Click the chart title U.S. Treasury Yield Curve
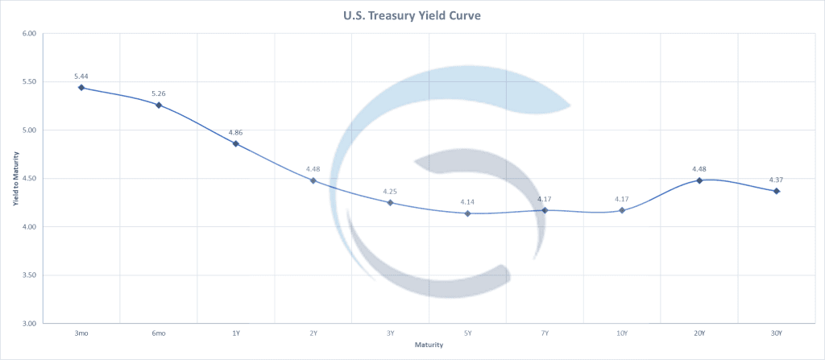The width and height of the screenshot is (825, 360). pyautogui.click(x=412, y=14)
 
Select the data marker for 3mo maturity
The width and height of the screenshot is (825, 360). pyautogui.click(x=81, y=87)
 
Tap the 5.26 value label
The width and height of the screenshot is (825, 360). pyautogui.click(x=158, y=93)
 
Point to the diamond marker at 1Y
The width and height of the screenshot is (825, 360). pyautogui.click(x=236, y=143)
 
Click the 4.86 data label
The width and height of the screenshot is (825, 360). pyautogui.click(x=235, y=131)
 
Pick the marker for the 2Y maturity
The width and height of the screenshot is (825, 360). pyautogui.click(x=313, y=180)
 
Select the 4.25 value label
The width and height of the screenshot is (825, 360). pyautogui.click(x=390, y=191)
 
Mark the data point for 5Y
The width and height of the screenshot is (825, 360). pyautogui.click(x=467, y=213)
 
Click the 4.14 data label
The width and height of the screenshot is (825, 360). pyautogui.click(x=467, y=201)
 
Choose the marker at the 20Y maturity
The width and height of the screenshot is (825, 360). pyautogui.click(x=699, y=180)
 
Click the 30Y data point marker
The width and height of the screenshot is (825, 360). pyautogui.click(x=777, y=191)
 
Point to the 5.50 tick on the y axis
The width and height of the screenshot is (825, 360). pyautogui.click(x=30, y=81)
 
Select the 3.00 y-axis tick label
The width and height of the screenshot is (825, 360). pyautogui.click(x=30, y=324)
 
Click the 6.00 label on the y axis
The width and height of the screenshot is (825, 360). pyautogui.click(x=30, y=34)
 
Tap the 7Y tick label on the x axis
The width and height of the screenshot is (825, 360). pyautogui.click(x=545, y=333)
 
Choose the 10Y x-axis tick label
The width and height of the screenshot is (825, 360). pyautogui.click(x=622, y=333)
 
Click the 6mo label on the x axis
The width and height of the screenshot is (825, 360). pyautogui.click(x=159, y=333)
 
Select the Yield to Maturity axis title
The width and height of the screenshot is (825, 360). pyautogui.click(x=15, y=179)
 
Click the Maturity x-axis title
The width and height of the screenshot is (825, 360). pyautogui.click(x=429, y=345)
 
